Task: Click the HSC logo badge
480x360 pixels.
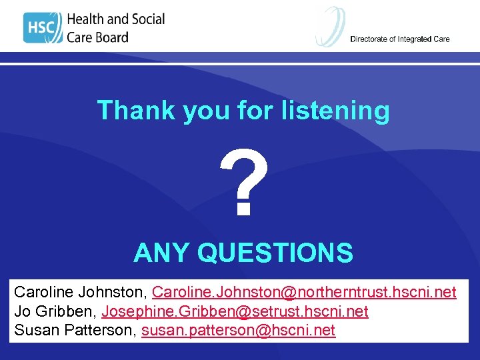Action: click(x=43, y=27)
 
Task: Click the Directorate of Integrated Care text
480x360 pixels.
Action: click(x=400, y=39)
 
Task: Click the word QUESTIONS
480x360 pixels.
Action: click(x=275, y=253)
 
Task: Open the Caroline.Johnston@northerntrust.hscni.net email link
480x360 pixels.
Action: click(x=304, y=292)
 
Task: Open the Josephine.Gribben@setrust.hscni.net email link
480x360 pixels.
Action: click(x=235, y=311)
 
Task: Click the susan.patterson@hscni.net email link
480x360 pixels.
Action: click(x=239, y=331)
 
